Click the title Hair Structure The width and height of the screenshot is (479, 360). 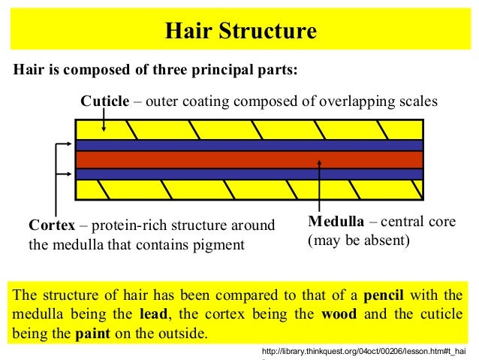pos(240,32)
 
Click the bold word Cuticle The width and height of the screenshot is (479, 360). pos(105,101)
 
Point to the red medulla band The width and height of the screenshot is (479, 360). pos(248,159)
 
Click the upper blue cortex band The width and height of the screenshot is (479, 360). pos(248,145)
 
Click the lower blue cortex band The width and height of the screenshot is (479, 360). pos(248,174)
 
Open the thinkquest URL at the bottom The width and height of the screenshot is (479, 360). pos(363,351)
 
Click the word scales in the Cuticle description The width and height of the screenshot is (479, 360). pos(416,101)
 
